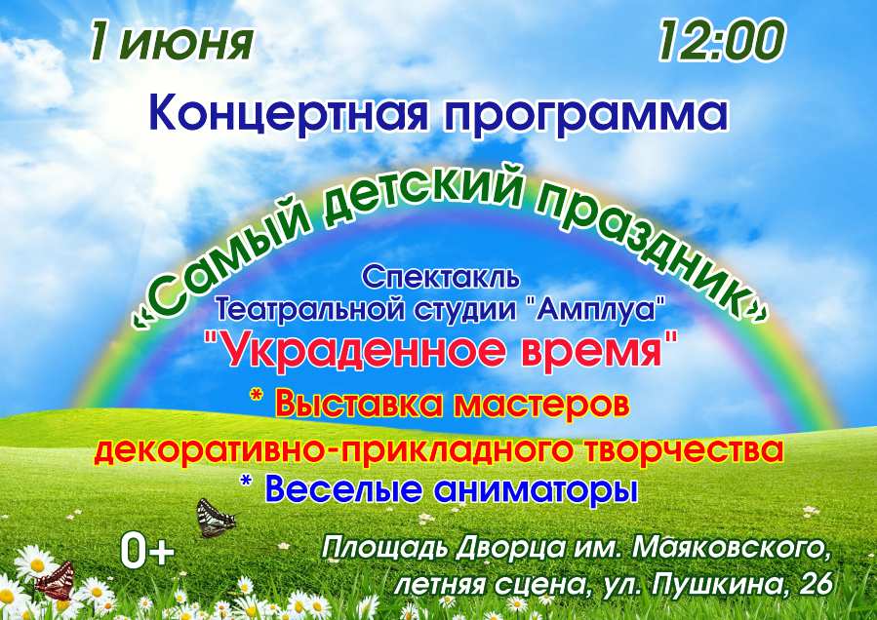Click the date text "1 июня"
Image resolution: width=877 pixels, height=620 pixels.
coord(171,42)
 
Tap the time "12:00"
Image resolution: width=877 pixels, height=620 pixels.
coord(722,41)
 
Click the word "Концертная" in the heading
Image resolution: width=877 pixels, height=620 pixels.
coord(288,115)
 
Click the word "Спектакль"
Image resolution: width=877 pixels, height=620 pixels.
coord(441,278)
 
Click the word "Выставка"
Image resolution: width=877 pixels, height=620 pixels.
coord(359,405)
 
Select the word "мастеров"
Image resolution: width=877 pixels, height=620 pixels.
coord(540,405)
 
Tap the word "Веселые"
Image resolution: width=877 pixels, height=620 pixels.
coord(346,489)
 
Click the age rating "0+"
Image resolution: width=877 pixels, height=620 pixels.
coord(147,551)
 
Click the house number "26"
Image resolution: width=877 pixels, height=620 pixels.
coord(817,585)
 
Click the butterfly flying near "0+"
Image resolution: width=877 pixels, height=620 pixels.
coord(216,519)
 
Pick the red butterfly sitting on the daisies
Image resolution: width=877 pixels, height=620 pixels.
coord(56,580)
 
